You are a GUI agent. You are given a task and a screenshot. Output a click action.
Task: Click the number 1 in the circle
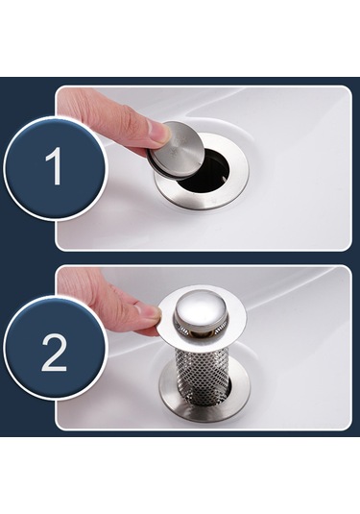[x=54, y=166]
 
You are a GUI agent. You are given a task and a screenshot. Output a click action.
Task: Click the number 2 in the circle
[x=54, y=353]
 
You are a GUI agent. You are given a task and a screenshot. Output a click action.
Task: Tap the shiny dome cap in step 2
[x=205, y=312]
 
